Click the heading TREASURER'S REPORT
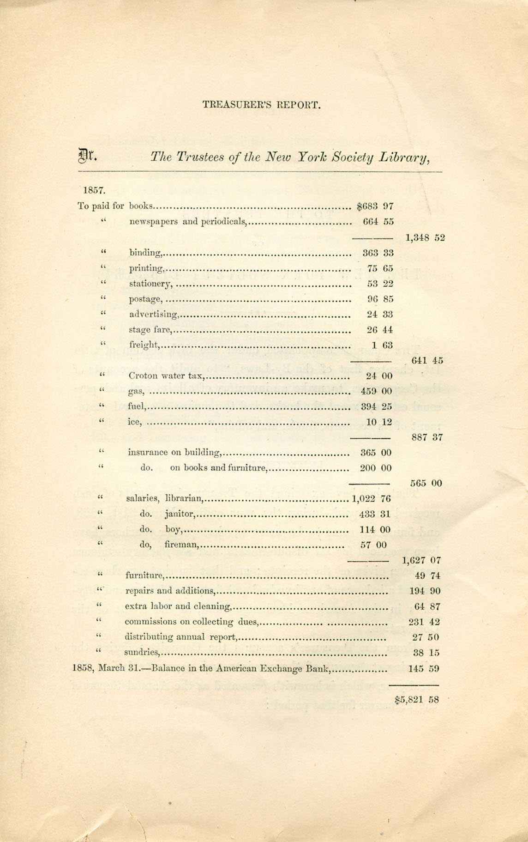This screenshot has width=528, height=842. point(261,105)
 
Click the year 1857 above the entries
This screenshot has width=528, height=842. point(95,190)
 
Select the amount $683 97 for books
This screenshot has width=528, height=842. point(375,206)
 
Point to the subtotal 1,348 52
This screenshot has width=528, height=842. point(425,238)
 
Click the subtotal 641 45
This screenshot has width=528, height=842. point(427,361)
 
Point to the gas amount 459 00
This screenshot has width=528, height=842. point(376,392)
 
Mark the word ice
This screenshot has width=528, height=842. point(134,422)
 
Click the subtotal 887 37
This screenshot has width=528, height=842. point(426,437)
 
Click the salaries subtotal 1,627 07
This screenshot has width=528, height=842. point(421,561)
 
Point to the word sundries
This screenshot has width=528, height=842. point(142,653)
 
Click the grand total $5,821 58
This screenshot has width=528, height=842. point(417,699)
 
